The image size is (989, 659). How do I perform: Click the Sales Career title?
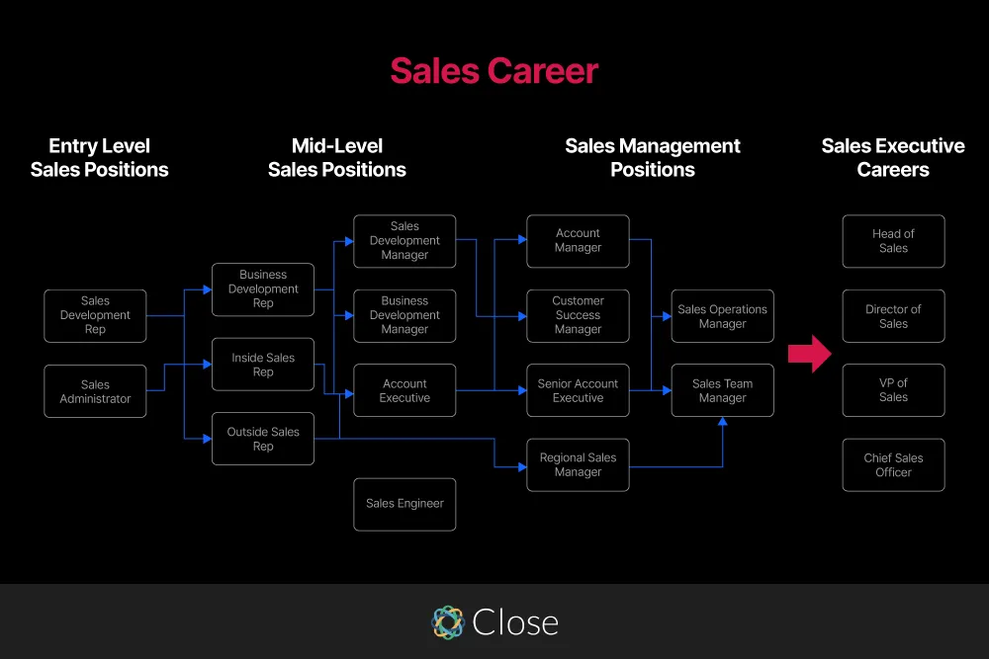(x=494, y=71)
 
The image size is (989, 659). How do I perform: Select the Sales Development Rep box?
(x=95, y=316)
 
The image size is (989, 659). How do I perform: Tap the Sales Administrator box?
(x=95, y=391)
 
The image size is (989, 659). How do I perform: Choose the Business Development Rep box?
(x=263, y=289)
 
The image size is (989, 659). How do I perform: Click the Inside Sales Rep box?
(x=263, y=365)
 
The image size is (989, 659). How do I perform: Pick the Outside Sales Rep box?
(x=263, y=439)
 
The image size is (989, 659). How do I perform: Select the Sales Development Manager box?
(x=405, y=241)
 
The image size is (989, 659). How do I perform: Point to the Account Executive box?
(x=405, y=390)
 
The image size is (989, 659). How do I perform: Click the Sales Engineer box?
(x=405, y=504)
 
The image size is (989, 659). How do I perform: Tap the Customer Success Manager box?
(x=578, y=316)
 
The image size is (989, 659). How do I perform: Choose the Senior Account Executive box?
(x=578, y=390)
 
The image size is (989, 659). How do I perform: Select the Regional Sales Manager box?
(x=578, y=465)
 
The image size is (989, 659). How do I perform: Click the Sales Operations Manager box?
(x=722, y=316)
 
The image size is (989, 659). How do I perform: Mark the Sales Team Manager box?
(x=722, y=390)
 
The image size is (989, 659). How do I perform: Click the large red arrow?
(x=810, y=354)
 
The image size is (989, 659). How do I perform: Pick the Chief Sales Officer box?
(x=893, y=465)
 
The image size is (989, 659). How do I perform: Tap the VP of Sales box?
(x=893, y=390)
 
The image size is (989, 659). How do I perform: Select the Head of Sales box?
(x=893, y=241)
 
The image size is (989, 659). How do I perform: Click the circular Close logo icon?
(x=448, y=621)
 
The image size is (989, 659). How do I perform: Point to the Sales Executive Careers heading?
(x=893, y=158)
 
